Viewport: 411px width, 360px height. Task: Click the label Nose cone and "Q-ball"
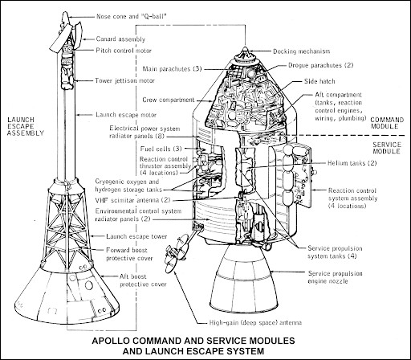[x=132, y=17]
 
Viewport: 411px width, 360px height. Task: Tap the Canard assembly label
[x=120, y=39]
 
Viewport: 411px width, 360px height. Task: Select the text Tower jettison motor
[x=125, y=80]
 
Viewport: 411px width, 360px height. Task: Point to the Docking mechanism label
[x=302, y=51]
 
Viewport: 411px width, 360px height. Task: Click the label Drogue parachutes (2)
[x=321, y=65]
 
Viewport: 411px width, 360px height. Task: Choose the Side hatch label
[x=319, y=81]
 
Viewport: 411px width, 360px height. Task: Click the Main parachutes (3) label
[x=172, y=69]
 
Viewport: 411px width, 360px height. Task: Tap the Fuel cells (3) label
[x=161, y=149]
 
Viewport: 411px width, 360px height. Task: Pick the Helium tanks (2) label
[x=352, y=163]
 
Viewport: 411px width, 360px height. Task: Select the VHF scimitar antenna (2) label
[x=132, y=200]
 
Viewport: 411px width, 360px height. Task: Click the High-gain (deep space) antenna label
[x=255, y=323]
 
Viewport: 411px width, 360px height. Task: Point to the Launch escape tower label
[x=136, y=236]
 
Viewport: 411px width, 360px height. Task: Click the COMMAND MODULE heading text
[x=387, y=123]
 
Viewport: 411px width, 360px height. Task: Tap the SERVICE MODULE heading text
[x=387, y=148]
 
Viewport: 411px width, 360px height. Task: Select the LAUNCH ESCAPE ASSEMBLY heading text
[x=26, y=126]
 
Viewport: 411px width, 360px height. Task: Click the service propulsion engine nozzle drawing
[x=242, y=279]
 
